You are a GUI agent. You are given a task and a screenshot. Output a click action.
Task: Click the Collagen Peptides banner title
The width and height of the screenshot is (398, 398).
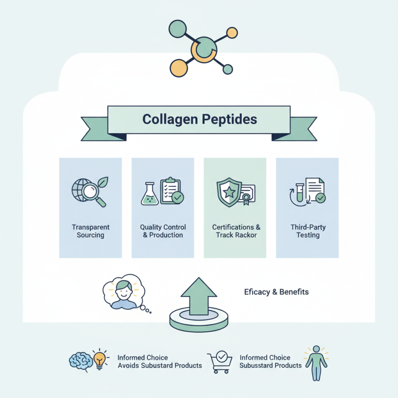pos(199,120)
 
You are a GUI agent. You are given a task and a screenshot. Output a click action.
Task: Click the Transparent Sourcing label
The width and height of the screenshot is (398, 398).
pos(91,231)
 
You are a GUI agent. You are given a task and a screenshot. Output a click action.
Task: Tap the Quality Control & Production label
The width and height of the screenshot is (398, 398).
pos(163,231)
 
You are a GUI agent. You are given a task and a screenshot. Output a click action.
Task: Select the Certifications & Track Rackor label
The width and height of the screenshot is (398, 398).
pos(236,231)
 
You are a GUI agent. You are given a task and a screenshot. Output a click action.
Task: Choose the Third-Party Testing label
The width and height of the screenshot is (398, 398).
pos(307,231)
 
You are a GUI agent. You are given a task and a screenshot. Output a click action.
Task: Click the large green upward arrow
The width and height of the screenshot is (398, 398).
pos(198,296)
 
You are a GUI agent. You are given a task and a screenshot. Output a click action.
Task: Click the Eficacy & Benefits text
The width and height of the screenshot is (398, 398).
pos(276,292)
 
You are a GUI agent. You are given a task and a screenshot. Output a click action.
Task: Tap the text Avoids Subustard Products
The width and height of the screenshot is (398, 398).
pos(160,366)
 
